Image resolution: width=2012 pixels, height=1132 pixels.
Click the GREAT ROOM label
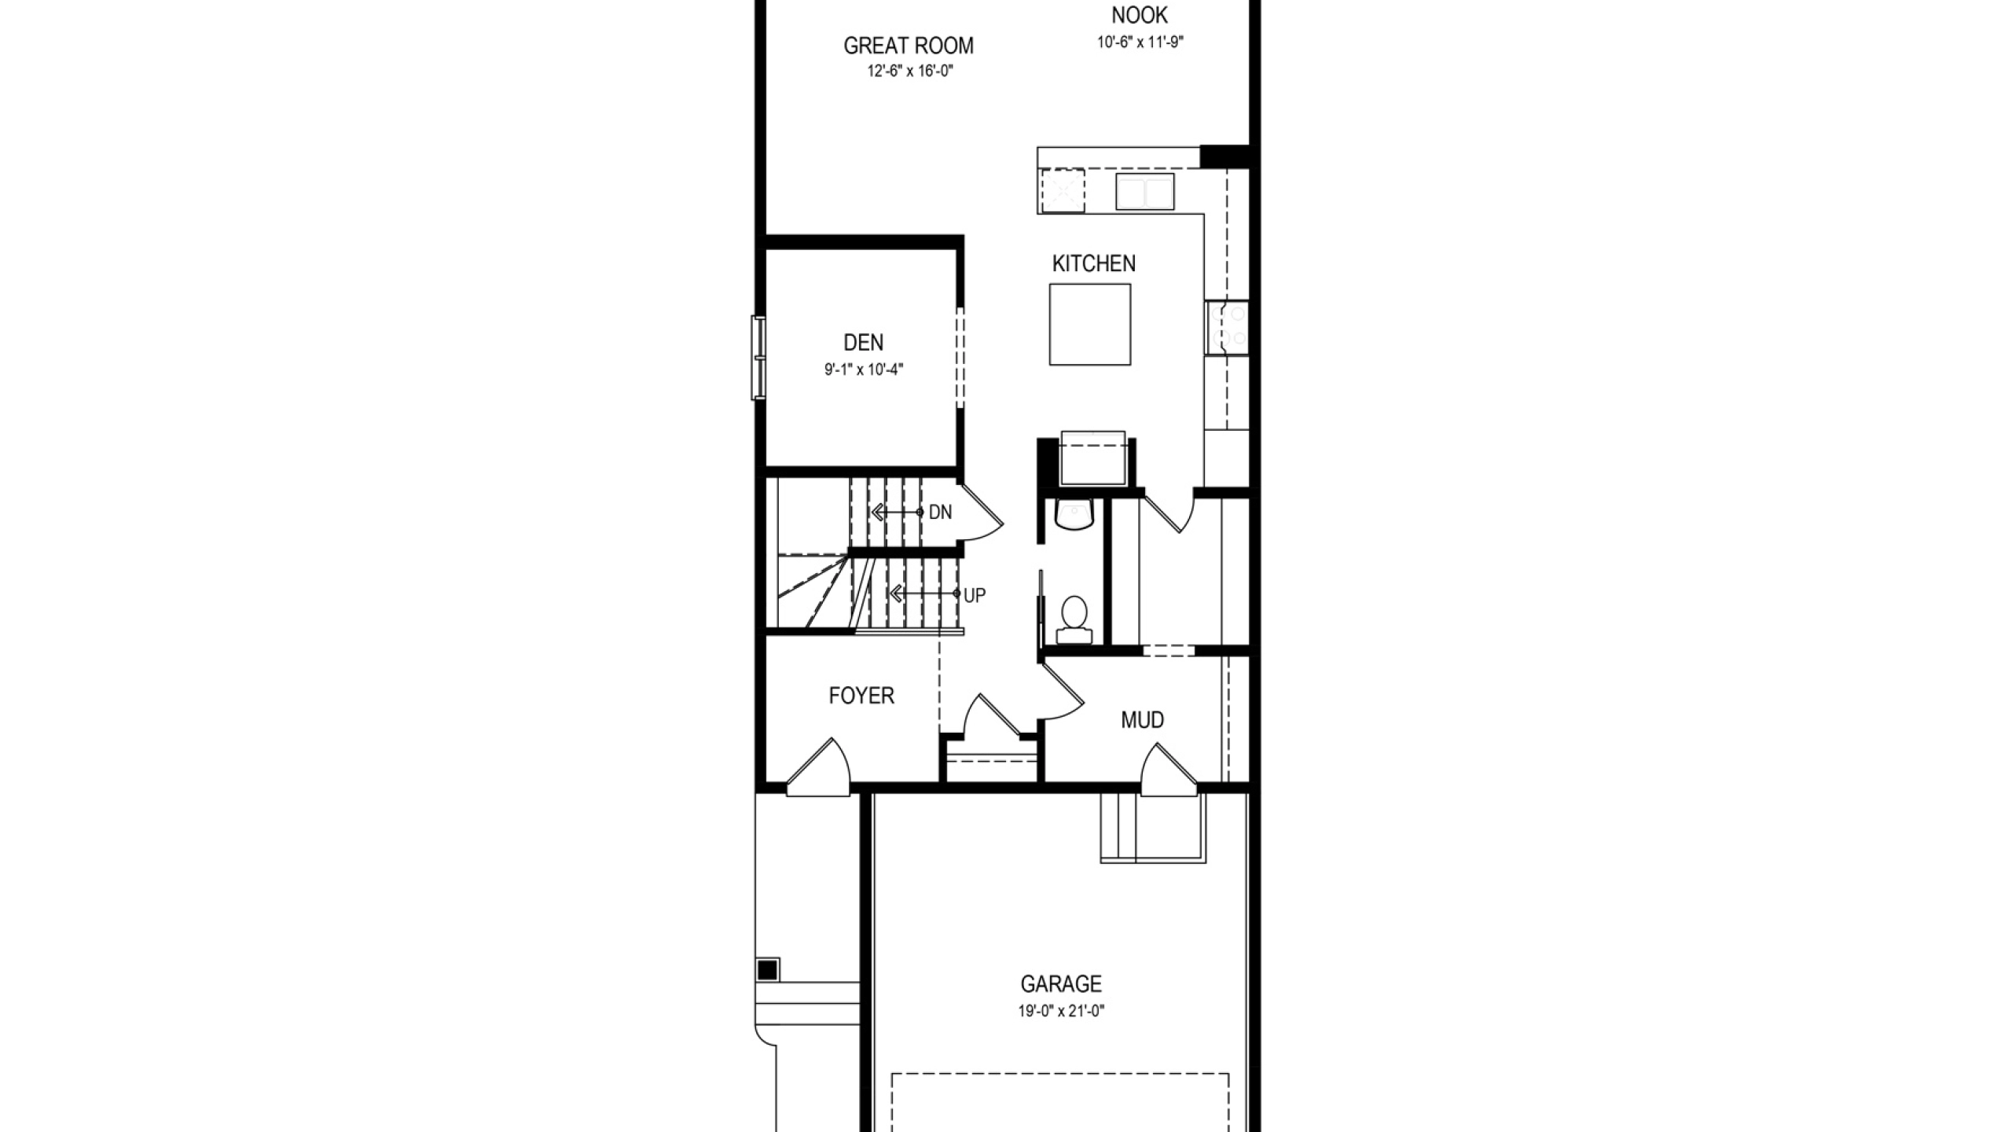[909, 46]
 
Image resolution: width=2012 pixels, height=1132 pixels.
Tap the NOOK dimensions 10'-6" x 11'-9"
[1140, 42]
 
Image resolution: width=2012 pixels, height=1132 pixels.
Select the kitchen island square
[1090, 325]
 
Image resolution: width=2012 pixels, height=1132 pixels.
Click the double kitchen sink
[1145, 192]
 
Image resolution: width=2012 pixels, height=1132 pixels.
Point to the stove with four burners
[1228, 328]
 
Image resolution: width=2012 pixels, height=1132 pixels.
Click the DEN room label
[863, 343]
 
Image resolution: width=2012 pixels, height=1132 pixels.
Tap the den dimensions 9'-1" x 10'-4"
[864, 369]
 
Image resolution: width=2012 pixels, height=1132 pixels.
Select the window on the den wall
[758, 358]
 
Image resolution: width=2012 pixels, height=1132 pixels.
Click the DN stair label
[940, 513]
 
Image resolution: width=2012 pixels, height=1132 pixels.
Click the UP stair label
[975, 596]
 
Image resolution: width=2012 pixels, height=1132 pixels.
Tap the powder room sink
[1074, 513]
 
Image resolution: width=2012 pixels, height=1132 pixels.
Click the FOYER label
[861, 696]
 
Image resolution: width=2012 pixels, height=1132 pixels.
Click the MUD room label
[1143, 720]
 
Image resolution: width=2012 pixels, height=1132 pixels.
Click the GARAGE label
[1061, 983]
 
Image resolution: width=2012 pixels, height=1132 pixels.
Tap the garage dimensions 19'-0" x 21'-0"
[1062, 1011]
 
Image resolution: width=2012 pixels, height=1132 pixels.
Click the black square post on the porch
[768, 970]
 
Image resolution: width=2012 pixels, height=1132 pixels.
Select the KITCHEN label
[1094, 263]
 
